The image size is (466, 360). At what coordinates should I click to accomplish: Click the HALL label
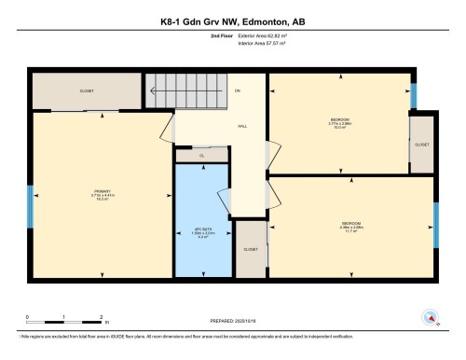point(241,125)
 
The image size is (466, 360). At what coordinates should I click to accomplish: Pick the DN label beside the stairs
point(238,90)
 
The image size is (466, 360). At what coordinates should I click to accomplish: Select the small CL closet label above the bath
point(201,155)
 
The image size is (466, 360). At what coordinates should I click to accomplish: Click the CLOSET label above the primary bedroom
point(86,90)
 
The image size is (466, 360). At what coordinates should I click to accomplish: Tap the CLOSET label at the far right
point(423,145)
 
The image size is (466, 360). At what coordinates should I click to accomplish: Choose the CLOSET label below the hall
point(251,249)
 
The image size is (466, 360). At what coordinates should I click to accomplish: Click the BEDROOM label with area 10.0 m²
point(339,123)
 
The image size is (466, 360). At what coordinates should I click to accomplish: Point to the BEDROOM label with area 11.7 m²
point(351,226)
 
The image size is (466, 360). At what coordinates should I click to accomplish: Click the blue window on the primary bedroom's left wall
point(32,204)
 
